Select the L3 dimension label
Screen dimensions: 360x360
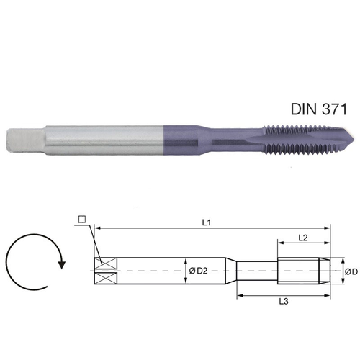[x=285, y=302]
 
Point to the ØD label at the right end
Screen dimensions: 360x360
[x=350, y=271]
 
